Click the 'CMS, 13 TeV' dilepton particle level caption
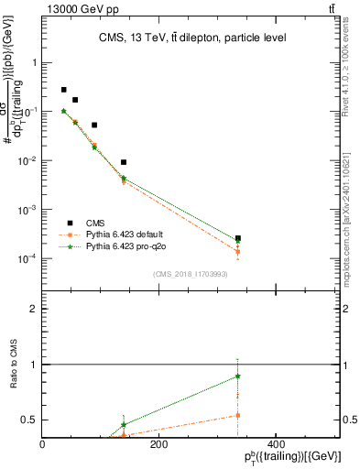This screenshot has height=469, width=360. [x=191, y=38]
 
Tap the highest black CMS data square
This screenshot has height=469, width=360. [x=63, y=90]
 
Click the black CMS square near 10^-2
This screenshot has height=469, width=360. [x=124, y=162]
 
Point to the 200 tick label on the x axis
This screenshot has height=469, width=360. [x=158, y=444]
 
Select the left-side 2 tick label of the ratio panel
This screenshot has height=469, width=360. [x=34, y=309]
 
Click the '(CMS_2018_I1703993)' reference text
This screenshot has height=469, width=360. [x=190, y=274]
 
